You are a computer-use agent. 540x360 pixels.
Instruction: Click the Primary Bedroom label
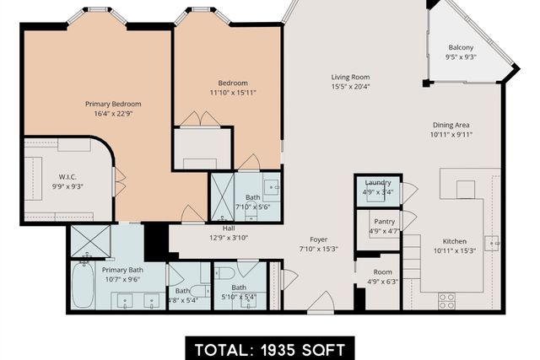coord(113,104)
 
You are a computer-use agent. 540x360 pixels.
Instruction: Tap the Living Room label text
coord(350,77)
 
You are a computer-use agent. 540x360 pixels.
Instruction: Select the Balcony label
coord(461,47)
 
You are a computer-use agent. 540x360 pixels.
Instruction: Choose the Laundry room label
coord(377,182)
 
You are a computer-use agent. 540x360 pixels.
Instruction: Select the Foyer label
coord(318,239)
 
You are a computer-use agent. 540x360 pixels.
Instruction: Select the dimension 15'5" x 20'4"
coord(350,86)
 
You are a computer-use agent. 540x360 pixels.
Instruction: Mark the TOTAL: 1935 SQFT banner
coord(269,347)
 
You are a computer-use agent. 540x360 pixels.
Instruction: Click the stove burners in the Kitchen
coord(446,300)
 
